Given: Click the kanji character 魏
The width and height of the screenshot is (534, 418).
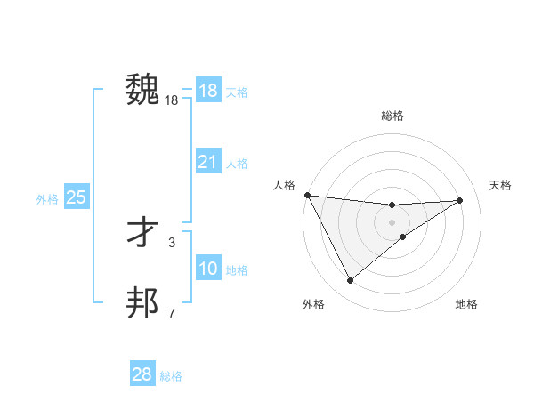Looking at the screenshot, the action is click(x=143, y=90).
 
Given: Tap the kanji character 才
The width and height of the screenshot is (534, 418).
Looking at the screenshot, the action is click(x=143, y=233).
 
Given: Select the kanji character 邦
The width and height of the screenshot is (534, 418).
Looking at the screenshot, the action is click(x=143, y=303).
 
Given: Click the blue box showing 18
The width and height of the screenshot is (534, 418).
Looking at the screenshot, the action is click(x=207, y=91).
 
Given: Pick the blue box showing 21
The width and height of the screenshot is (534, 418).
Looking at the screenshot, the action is click(x=207, y=162).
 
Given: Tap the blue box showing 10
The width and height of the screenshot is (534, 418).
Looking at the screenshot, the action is click(x=207, y=269).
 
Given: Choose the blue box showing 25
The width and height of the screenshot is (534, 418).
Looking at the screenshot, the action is click(x=76, y=197).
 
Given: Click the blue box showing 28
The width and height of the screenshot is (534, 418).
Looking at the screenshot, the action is click(x=142, y=374).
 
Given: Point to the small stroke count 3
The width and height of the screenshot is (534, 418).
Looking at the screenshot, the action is click(x=172, y=242).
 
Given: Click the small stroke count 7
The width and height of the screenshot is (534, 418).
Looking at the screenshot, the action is click(x=172, y=313).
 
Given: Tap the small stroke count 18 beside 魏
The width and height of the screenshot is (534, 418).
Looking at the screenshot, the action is click(x=172, y=101).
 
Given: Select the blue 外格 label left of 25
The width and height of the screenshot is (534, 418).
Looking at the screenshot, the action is click(x=47, y=199).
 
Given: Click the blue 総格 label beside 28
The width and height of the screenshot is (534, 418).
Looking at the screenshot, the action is click(x=171, y=376).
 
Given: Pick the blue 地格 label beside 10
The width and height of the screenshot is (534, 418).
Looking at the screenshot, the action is click(x=237, y=270).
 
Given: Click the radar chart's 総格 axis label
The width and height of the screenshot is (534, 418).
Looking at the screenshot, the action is click(x=392, y=116).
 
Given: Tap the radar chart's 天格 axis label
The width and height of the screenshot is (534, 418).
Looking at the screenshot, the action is click(x=500, y=185).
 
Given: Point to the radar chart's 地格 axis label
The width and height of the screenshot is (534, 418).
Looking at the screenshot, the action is click(x=466, y=304).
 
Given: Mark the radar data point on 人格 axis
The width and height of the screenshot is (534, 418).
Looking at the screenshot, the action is click(x=307, y=195).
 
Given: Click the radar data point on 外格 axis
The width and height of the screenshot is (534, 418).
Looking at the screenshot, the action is click(x=350, y=281).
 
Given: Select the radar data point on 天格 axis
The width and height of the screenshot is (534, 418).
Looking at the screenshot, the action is click(x=459, y=200).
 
